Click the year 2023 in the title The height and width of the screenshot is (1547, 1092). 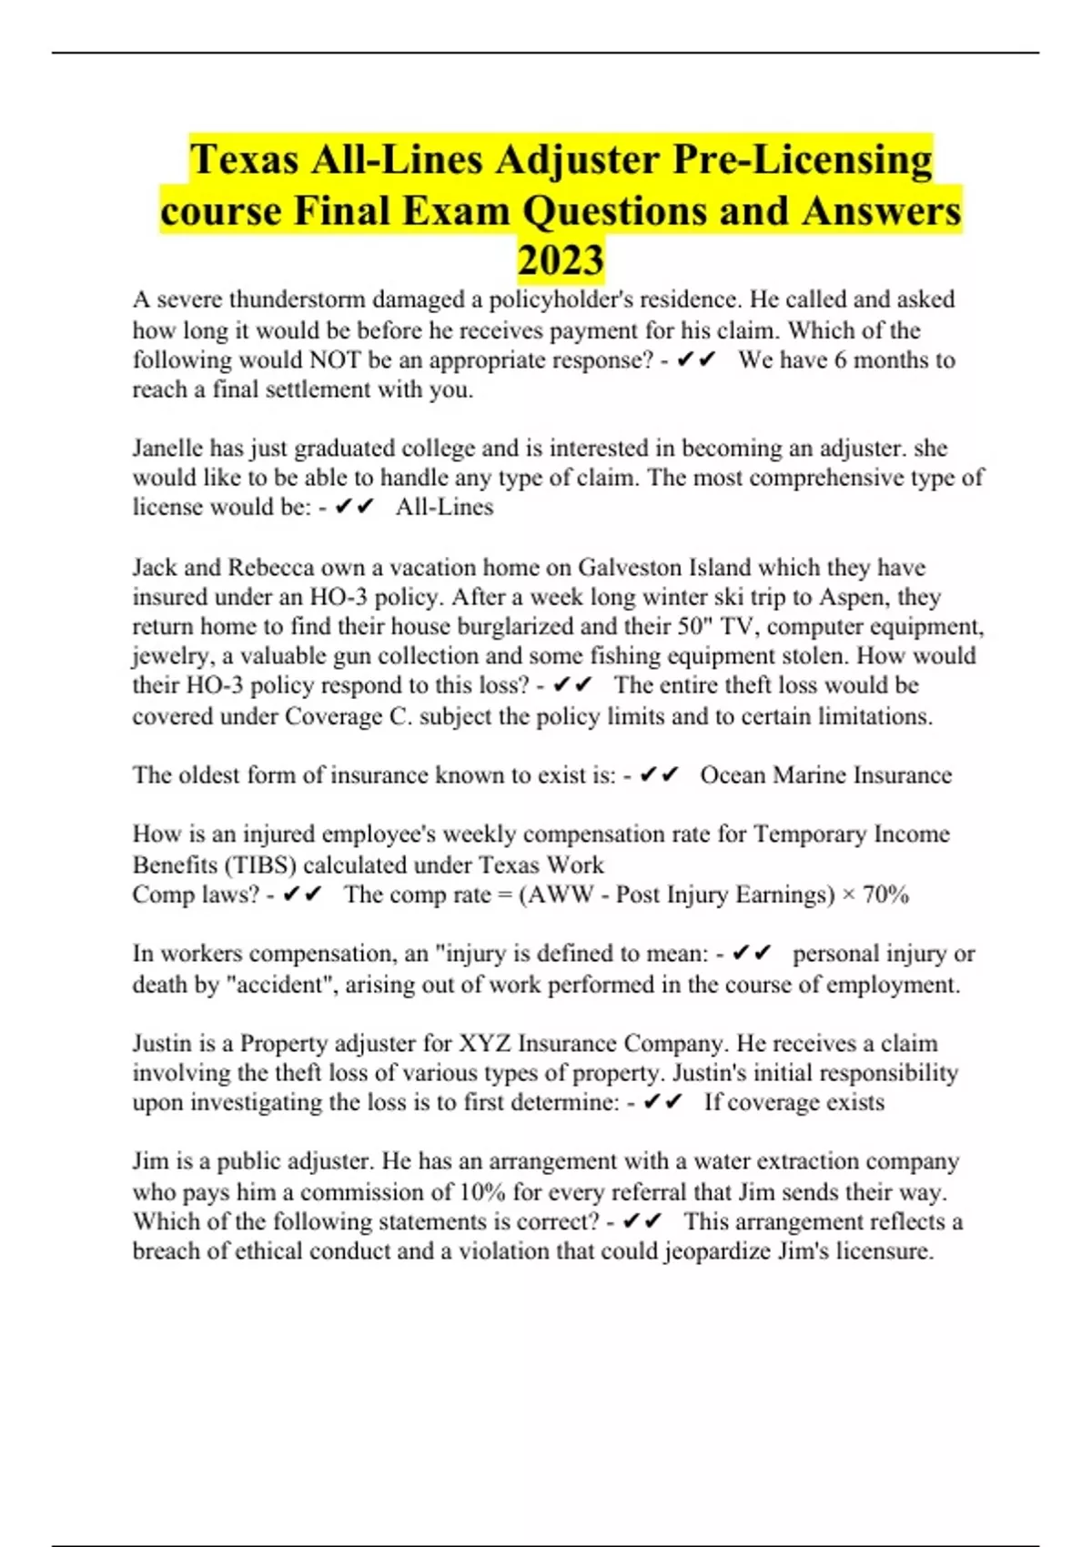(x=561, y=260)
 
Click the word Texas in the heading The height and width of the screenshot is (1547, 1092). (x=245, y=160)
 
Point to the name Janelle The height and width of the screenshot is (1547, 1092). (x=168, y=448)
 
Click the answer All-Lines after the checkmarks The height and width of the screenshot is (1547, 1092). (x=444, y=507)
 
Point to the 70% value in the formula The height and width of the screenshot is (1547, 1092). (x=885, y=895)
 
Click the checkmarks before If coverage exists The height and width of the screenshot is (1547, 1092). (x=662, y=1102)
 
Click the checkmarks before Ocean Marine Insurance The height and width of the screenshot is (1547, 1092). (x=659, y=774)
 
